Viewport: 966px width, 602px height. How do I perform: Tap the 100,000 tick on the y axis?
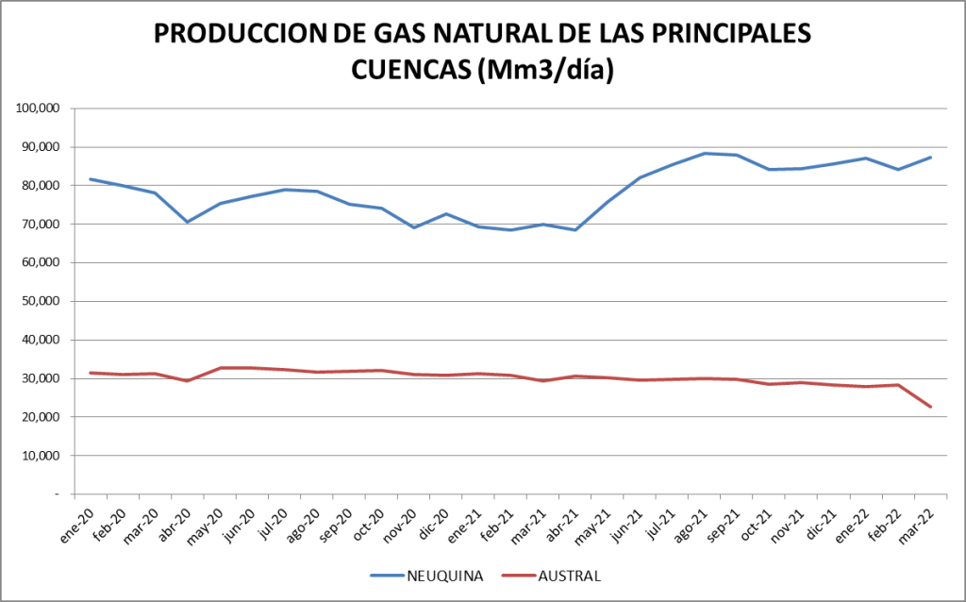[39, 109]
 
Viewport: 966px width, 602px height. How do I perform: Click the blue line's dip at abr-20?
[188, 222]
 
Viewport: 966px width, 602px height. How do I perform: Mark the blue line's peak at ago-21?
[704, 153]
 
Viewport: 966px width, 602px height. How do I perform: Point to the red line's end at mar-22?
[931, 407]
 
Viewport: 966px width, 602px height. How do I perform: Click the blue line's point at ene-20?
[91, 178]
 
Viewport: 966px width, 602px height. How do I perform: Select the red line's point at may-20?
[220, 368]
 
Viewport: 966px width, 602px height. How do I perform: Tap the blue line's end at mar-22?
[931, 157]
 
